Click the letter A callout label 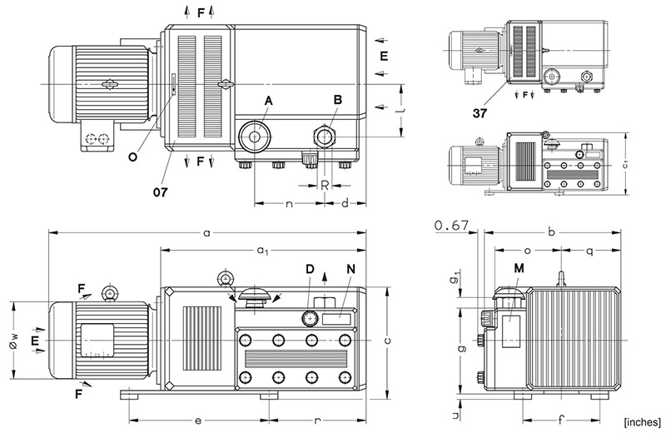268,100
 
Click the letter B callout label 337,100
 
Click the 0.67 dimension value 452,225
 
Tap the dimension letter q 589,248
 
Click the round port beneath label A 252,136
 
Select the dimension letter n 289,202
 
